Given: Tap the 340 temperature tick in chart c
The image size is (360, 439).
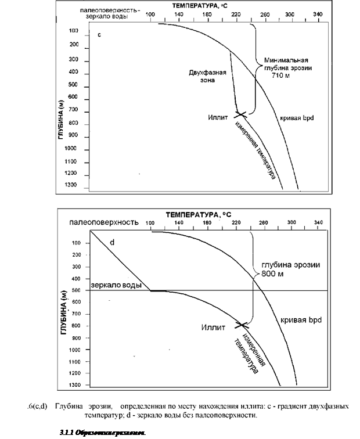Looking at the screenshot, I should click(x=318, y=13).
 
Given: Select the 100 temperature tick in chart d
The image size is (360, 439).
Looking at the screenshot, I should click(x=150, y=222).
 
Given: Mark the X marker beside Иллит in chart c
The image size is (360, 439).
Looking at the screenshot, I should click(x=241, y=114).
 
